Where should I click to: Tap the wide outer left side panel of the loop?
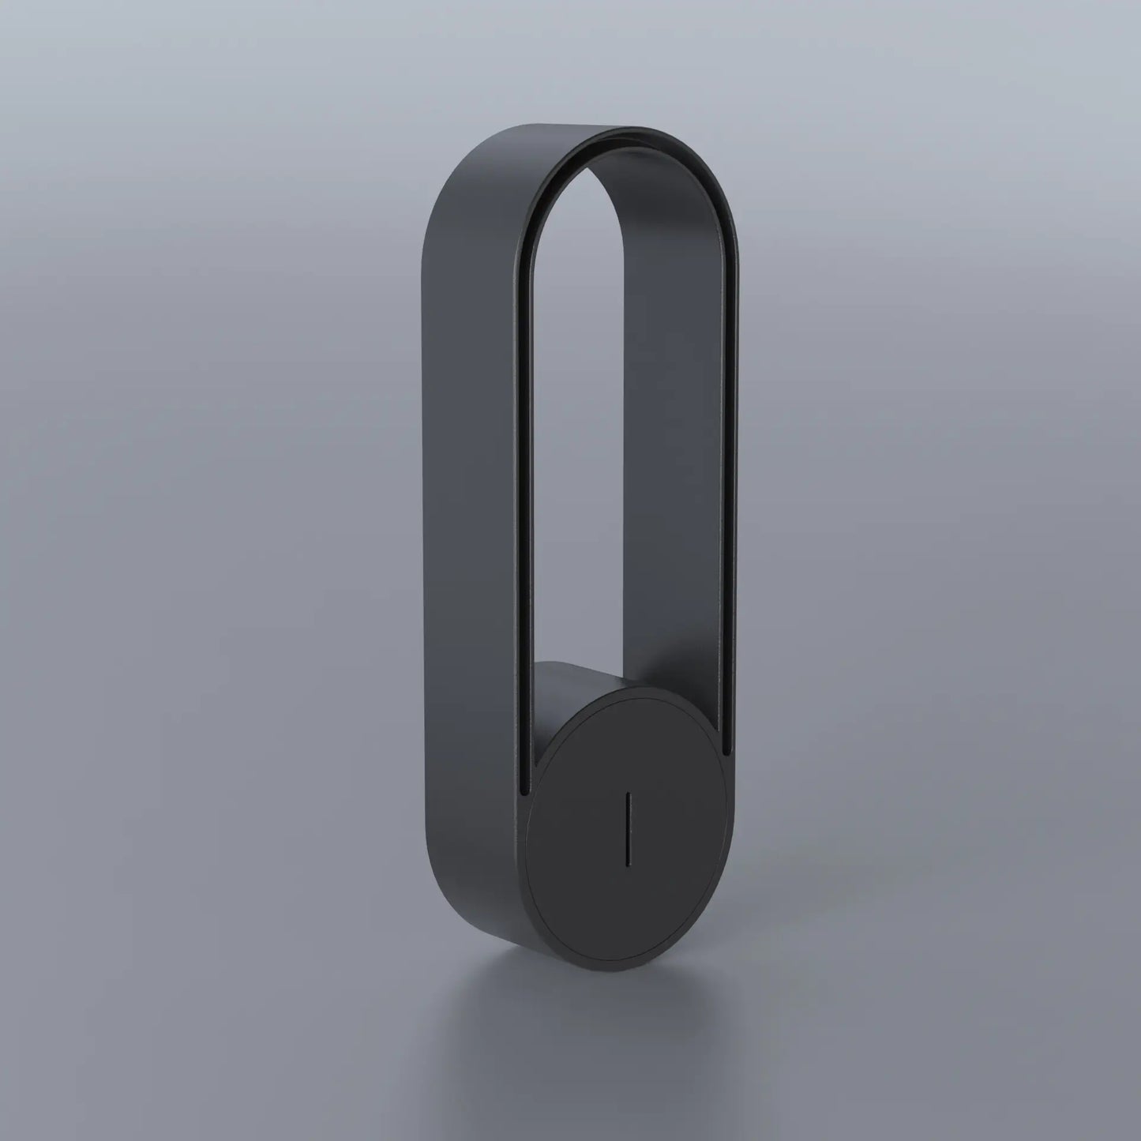[x=466, y=553]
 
